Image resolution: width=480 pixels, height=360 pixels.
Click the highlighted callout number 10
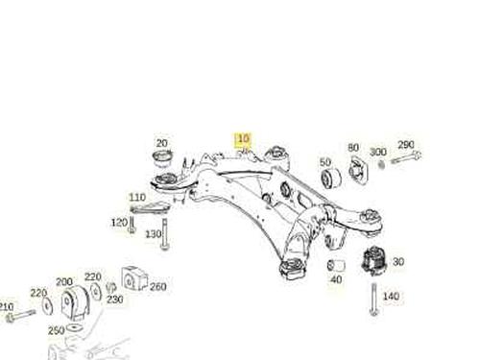243,139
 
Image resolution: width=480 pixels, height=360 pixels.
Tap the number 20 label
162,143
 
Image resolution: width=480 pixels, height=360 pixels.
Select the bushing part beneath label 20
163,158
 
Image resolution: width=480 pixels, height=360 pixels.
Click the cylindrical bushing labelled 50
331,180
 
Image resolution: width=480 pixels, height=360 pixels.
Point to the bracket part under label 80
358,170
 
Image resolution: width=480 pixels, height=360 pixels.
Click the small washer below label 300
381,164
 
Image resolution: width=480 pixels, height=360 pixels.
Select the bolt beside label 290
406,157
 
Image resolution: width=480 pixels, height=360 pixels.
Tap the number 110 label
137,197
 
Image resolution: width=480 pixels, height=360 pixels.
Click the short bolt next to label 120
132,225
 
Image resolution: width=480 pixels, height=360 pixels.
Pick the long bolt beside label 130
164,234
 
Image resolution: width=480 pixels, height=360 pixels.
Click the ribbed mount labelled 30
373,261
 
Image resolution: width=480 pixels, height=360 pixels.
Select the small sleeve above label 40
336,265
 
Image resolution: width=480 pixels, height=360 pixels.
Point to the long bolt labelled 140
374,300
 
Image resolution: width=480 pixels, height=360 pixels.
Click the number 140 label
391,297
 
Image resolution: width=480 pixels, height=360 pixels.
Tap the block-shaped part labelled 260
134,278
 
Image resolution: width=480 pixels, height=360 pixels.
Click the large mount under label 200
75,303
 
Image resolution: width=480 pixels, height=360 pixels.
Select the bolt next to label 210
20,315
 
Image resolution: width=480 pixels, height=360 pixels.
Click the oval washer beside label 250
74,327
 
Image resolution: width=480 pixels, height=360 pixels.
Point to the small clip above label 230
110,287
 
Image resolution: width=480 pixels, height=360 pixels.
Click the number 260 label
158,286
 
